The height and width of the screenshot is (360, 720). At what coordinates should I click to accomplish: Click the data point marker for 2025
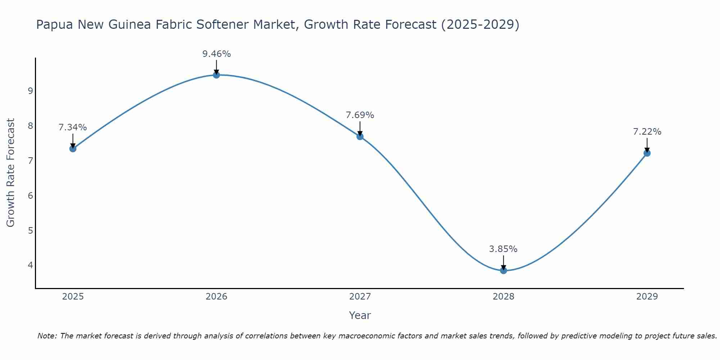(x=73, y=148)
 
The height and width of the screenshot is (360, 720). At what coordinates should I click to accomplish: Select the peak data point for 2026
(x=216, y=75)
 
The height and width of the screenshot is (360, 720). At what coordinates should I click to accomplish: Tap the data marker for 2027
(x=360, y=136)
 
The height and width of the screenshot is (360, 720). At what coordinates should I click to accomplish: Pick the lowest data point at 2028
(x=503, y=270)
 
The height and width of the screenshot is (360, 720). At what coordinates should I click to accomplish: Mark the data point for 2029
(x=647, y=153)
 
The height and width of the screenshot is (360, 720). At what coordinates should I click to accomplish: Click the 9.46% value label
(x=216, y=54)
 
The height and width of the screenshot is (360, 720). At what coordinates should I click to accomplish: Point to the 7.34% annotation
(x=73, y=127)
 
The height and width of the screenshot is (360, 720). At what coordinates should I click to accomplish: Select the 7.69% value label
(x=360, y=115)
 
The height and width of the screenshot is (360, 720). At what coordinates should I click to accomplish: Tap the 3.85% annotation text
(x=503, y=249)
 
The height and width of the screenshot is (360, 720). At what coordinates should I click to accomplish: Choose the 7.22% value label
(x=647, y=132)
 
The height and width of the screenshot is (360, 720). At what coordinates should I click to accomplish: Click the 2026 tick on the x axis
(x=216, y=297)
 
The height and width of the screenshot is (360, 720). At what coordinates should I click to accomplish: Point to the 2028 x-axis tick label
(x=503, y=297)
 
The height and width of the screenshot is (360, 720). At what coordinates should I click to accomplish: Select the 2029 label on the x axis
(x=647, y=297)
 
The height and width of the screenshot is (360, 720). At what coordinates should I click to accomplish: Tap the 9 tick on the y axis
(x=30, y=91)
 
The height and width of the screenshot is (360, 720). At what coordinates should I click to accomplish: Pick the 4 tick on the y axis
(x=30, y=265)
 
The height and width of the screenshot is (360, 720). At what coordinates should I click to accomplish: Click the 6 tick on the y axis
(x=30, y=195)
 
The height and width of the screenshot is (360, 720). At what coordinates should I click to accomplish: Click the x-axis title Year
(x=360, y=315)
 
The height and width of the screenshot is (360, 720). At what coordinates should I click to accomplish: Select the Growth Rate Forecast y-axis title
(x=11, y=173)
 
